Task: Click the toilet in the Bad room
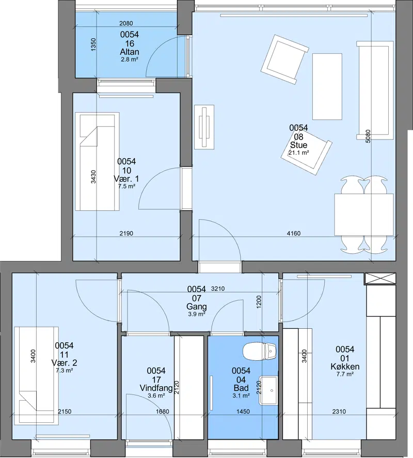coord(260,352)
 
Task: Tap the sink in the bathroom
coord(268,390)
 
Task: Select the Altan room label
coord(130,52)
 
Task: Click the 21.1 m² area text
coord(299,152)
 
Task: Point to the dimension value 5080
coord(368,136)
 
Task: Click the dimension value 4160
coord(294,233)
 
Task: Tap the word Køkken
coord(345,367)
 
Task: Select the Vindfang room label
coord(156,388)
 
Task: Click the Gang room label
coord(197,307)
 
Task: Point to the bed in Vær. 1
coord(97,161)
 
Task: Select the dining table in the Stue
coord(364,215)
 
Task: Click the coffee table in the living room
coord(327,86)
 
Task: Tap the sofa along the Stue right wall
coord(375,90)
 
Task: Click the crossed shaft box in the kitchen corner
coord(380,278)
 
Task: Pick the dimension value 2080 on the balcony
coord(126,23)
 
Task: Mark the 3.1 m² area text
coord(241,396)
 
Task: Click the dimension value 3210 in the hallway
coord(217,288)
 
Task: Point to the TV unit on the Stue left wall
coord(204,127)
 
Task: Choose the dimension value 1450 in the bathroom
coord(243,411)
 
